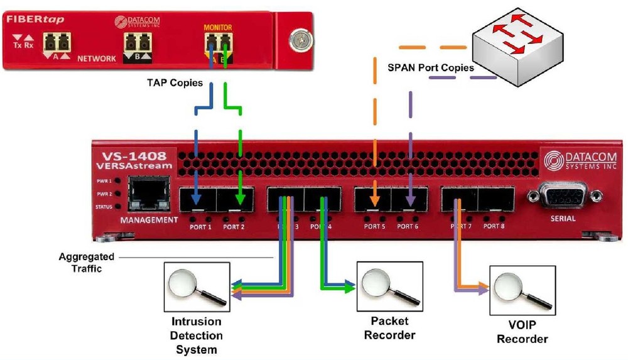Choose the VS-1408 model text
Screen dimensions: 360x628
[129, 155]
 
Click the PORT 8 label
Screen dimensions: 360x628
[493, 226]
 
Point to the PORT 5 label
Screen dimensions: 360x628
[374, 226]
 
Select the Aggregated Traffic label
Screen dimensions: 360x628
[87, 263]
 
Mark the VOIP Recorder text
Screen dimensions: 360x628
[522, 333]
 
